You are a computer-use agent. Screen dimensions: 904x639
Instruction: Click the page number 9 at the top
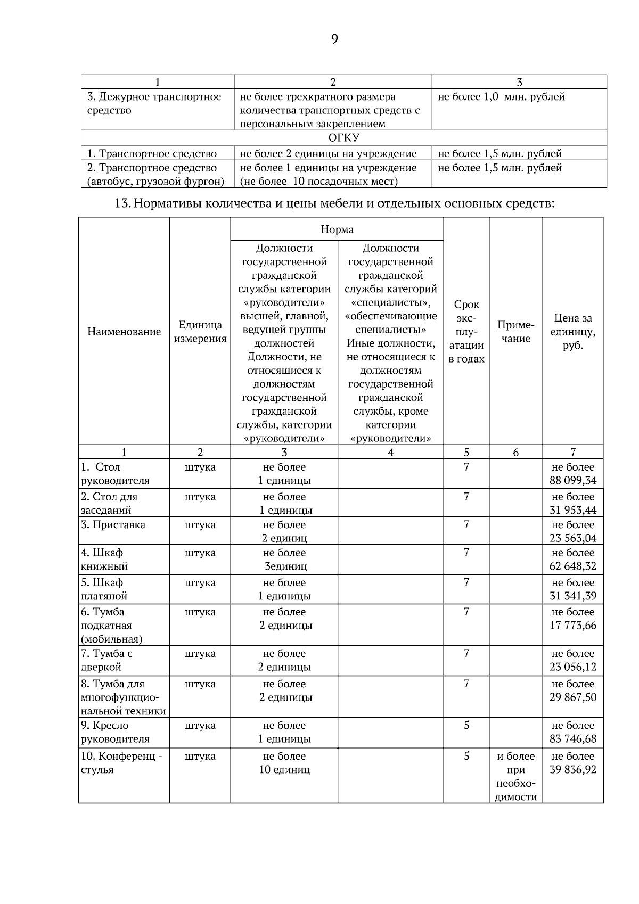(x=334, y=39)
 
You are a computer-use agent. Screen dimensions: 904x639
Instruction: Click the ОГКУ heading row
(x=343, y=138)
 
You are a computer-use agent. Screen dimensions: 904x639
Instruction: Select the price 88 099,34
(x=573, y=481)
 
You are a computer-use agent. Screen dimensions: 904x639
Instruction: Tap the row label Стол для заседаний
(x=109, y=503)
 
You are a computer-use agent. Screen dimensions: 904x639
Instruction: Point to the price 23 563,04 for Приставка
(x=573, y=538)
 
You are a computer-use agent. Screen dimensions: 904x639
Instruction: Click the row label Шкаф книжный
(x=104, y=560)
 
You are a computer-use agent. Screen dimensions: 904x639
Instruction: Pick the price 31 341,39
(x=573, y=596)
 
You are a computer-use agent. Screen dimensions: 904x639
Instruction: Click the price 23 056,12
(x=573, y=667)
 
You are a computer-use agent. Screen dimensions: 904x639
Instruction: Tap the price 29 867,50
(x=573, y=697)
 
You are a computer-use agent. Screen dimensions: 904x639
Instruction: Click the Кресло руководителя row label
(x=115, y=732)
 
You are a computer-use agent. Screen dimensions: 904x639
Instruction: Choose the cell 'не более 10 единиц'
(x=284, y=763)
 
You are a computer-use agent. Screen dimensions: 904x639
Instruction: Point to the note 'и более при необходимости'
(x=515, y=776)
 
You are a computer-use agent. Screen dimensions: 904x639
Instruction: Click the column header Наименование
(x=124, y=332)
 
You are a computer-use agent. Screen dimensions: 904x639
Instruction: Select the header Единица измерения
(x=200, y=332)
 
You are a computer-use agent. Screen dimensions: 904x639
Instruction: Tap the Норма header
(x=337, y=229)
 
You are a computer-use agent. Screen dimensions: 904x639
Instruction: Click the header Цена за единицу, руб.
(x=573, y=332)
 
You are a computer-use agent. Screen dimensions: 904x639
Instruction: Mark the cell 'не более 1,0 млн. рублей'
(x=501, y=97)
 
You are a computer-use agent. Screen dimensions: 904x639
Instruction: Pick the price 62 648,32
(x=573, y=566)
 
